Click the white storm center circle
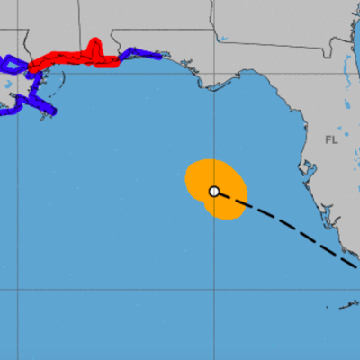coord(214,191)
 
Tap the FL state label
coord(332,139)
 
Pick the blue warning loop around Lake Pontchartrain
coord(11,65)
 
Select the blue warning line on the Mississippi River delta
coord(40,103)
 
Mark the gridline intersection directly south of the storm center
coord(214,291)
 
